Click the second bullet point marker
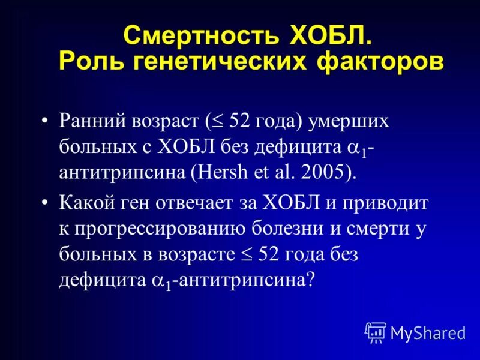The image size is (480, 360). pos(46,203)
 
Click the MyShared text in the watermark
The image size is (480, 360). pos(428,332)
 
